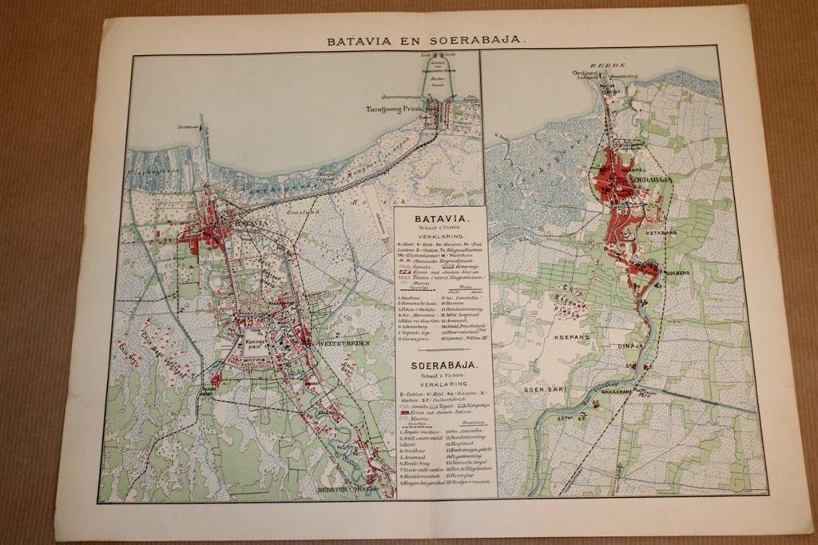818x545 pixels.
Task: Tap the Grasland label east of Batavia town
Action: point(304,214)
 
